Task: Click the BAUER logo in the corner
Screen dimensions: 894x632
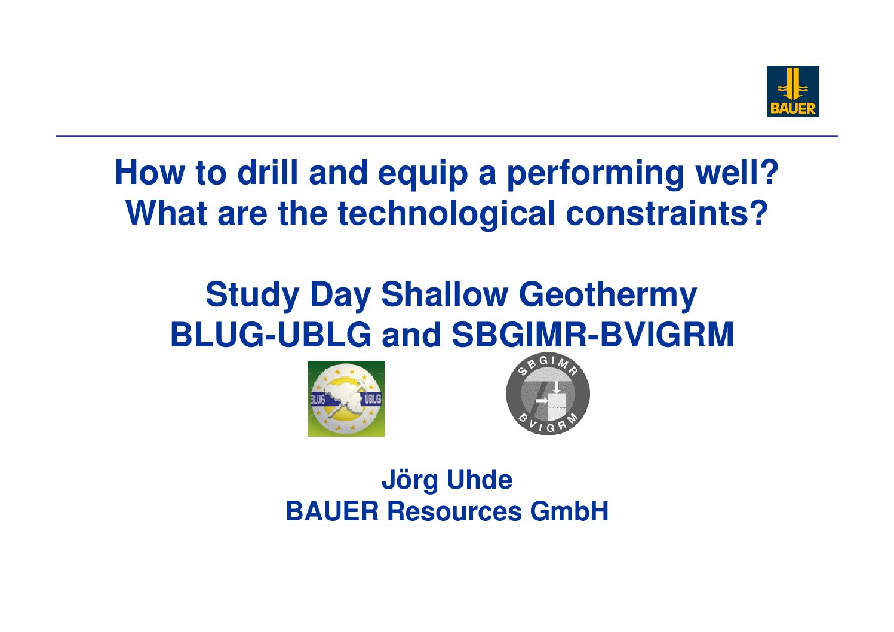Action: [x=792, y=91]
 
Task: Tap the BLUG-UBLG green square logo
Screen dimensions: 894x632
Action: [x=346, y=398]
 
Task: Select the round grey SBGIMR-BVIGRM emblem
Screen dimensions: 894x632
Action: [x=548, y=394]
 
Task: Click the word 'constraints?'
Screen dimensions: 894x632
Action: [x=666, y=213]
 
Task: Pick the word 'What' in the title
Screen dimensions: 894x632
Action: [x=166, y=213]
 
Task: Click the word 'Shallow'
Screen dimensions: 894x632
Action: [x=444, y=294]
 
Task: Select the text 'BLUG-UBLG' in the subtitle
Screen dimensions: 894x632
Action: [x=271, y=335]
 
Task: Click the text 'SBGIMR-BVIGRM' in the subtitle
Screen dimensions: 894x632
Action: [x=592, y=335]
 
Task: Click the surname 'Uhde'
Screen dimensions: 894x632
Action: [x=480, y=480]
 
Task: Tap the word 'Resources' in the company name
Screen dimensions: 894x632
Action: [x=454, y=511]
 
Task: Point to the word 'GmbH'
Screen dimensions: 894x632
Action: [x=569, y=511]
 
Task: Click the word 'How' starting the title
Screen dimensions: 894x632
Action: [x=150, y=173]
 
